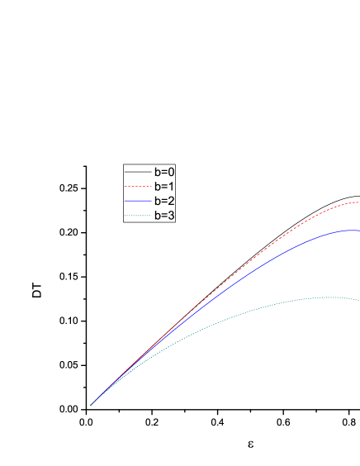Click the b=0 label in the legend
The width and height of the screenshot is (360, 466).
(164, 172)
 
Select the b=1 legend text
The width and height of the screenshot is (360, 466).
(164, 187)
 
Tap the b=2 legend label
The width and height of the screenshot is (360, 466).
(164, 201)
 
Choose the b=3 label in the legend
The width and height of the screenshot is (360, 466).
(164, 216)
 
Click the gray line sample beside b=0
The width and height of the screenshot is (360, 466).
(137, 172)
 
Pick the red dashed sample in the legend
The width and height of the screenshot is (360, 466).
(137, 187)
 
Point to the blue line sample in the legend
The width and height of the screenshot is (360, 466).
(137, 201)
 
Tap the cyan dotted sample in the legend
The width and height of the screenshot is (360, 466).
(137, 216)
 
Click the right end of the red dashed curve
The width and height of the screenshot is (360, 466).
(358, 202)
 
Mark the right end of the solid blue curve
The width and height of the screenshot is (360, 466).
(358, 231)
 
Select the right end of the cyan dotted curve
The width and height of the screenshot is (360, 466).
(358, 300)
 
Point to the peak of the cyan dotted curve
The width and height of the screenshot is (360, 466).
(330, 297)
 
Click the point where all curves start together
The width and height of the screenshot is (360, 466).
(91, 404)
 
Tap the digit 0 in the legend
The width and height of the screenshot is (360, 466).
(171, 172)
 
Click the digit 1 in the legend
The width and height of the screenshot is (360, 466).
(171, 187)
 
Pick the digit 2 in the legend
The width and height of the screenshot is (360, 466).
(171, 201)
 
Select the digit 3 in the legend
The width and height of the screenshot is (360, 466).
(171, 216)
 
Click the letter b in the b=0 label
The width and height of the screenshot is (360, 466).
(157, 172)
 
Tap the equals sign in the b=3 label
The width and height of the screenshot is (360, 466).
(163, 216)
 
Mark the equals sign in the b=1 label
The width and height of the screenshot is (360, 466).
(163, 187)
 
